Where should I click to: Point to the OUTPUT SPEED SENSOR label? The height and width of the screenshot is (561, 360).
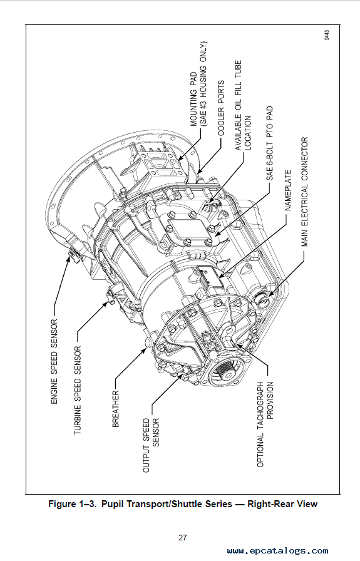(150, 445)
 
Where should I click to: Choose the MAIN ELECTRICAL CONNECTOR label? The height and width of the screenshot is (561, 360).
(305, 191)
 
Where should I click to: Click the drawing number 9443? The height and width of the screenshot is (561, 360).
(327, 35)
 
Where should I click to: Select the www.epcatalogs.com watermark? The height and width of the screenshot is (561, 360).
(277, 550)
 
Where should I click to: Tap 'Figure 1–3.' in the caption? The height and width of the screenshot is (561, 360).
(71, 503)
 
